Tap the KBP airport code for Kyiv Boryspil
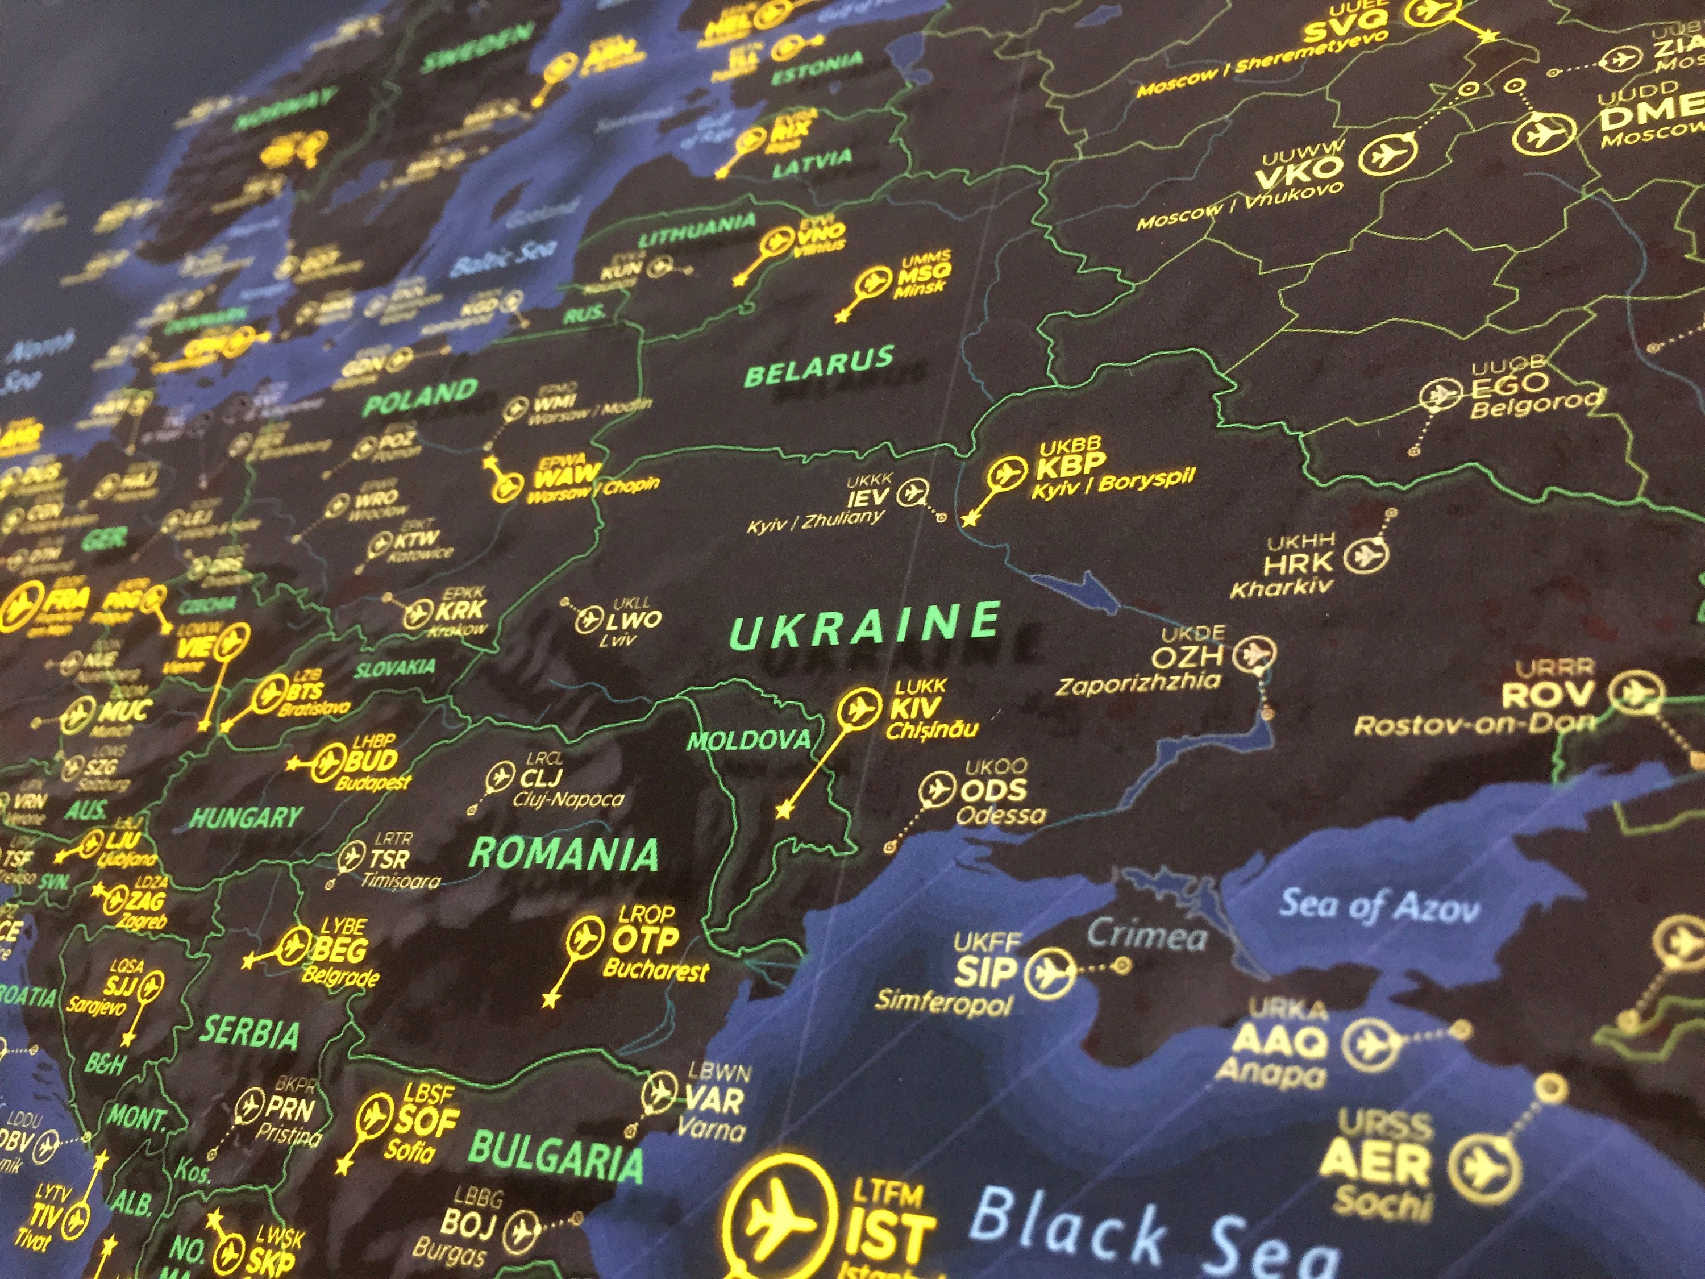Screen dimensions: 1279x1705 click(x=1071, y=468)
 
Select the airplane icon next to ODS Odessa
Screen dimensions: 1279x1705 click(x=937, y=790)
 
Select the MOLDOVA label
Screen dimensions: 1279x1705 click(x=748, y=741)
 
